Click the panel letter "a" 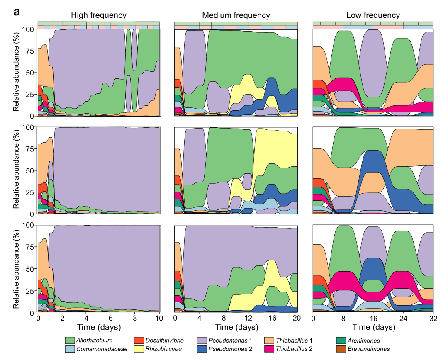(17, 12)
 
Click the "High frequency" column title (98, 15)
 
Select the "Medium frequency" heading (236, 15)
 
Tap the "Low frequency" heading (373, 15)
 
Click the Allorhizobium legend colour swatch (70, 341)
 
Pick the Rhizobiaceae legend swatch (139, 349)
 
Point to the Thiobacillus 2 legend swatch (269, 349)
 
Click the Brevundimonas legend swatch (341, 349)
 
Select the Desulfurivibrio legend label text (165, 341)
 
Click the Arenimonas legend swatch (341, 341)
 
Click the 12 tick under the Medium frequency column (248, 319)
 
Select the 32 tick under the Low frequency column (433, 319)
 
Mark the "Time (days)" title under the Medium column (236, 327)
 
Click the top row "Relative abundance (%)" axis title (16, 73)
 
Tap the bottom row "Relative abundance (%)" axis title (16, 269)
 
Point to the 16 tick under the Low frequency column (373, 319)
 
